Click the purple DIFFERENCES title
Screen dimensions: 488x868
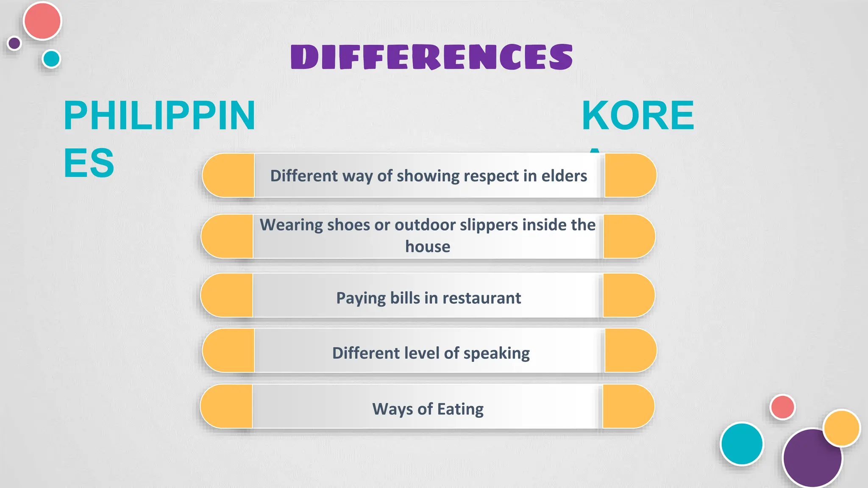[431, 57]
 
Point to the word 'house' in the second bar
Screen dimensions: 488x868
[428, 247]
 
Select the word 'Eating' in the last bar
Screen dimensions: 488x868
[460, 409]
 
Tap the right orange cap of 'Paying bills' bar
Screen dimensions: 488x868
[628, 295]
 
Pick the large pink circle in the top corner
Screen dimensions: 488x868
[42, 21]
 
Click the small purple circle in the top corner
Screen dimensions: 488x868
[14, 43]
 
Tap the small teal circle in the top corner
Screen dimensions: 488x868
[52, 59]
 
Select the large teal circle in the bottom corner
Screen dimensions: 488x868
[742, 444]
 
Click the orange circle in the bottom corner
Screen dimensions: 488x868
[842, 428]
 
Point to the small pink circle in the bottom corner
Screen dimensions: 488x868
[782, 407]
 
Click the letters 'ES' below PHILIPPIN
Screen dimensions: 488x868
[89, 163]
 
